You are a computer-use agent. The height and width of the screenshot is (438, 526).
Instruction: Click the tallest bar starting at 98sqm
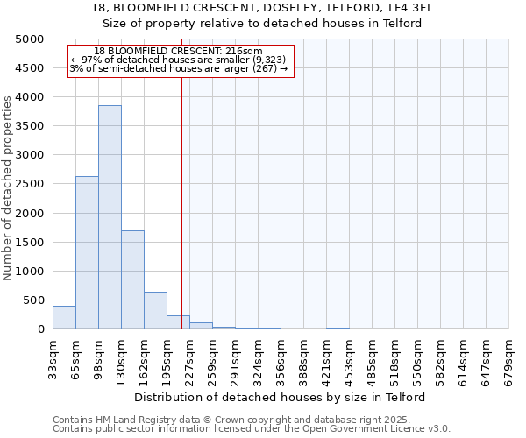(x=110, y=217)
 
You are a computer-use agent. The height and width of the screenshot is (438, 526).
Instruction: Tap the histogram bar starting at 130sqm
(x=132, y=279)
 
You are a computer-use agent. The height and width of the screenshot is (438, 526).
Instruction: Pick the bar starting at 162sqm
(x=155, y=310)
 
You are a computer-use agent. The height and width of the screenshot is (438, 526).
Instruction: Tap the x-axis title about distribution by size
(x=280, y=397)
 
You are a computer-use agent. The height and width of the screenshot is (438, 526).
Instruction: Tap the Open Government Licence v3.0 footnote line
(x=252, y=429)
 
